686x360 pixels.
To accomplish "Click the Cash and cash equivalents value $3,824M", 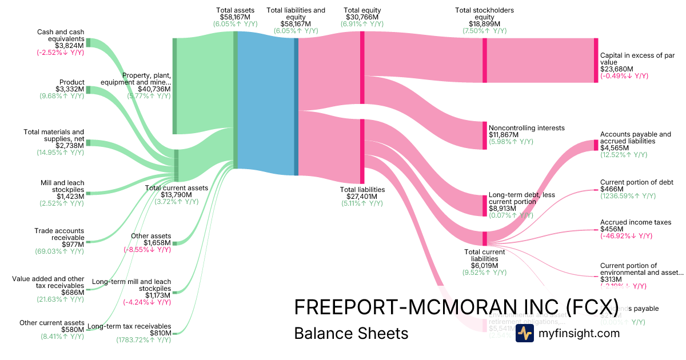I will [69, 45].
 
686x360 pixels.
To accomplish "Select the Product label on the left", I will [71, 82].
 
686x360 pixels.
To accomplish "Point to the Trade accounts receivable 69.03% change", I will [59, 251].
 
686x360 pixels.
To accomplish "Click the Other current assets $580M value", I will [72, 330].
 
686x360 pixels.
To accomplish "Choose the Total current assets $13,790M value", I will [177, 195].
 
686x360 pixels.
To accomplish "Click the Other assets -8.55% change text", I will [147, 250].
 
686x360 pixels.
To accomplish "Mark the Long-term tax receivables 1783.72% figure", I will [143, 340].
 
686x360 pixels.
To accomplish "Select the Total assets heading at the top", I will [236, 10].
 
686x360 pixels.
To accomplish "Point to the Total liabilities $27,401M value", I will [362, 196].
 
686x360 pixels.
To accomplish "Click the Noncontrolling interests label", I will [526, 128].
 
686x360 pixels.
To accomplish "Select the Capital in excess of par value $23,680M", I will [617, 69].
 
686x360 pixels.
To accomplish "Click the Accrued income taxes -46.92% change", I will [626, 235].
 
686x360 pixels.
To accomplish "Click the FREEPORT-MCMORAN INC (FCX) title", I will [456, 306].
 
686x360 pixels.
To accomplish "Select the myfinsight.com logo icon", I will [524, 333].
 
